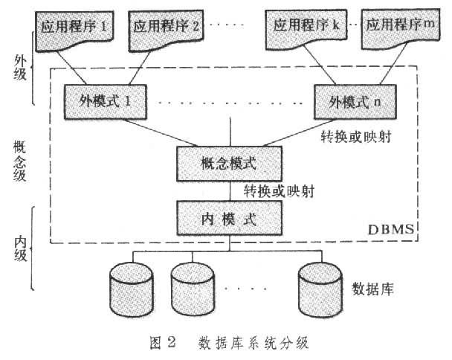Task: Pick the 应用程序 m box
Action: tap(397, 25)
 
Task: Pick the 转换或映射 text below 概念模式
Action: tap(279, 190)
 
